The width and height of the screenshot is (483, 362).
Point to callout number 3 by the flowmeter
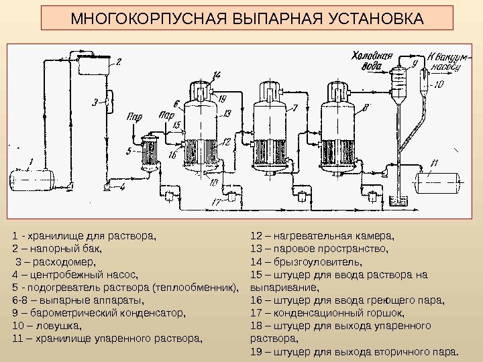click(95, 102)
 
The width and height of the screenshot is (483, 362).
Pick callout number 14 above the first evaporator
click(217, 74)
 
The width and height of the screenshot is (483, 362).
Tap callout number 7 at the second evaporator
click(294, 107)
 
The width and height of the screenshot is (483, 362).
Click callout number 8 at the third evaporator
click(365, 107)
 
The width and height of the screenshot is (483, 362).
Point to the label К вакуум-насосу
click(443, 62)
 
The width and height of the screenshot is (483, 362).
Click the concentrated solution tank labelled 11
click(437, 182)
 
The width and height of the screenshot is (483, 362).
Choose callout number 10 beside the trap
click(439, 85)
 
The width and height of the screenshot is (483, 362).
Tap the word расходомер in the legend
click(62, 261)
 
